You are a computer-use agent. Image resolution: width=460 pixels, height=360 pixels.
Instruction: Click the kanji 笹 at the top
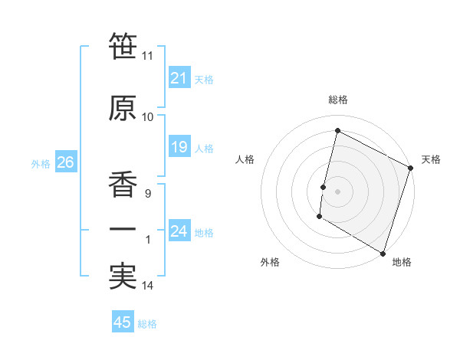[123, 47]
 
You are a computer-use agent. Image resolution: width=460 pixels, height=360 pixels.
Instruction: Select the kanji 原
[123, 110]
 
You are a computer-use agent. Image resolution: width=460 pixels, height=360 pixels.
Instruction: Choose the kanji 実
[123, 277]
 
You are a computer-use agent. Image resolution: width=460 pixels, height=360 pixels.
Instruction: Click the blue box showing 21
[179, 78]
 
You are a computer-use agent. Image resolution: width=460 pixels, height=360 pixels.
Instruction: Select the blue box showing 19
[179, 147]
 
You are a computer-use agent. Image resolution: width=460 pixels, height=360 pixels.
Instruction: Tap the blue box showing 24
[179, 231]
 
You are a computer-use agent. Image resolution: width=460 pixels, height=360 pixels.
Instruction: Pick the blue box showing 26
[64, 162]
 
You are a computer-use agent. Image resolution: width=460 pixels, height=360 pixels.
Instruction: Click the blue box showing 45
[123, 322]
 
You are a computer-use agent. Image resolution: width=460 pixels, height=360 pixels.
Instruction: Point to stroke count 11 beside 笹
[148, 56]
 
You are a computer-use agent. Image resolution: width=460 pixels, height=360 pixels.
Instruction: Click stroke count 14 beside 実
[148, 286]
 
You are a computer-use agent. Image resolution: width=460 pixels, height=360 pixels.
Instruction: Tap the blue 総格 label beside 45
[147, 324]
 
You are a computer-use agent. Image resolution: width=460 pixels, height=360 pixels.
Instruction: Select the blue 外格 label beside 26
[40, 163]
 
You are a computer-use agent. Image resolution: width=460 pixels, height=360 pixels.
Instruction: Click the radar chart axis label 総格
[337, 100]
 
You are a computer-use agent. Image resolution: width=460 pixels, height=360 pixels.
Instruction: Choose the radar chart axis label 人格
[245, 159]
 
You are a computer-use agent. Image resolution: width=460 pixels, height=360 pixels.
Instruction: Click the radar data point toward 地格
[381, 252]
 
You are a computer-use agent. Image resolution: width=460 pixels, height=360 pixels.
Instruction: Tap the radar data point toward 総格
[337, 130]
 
